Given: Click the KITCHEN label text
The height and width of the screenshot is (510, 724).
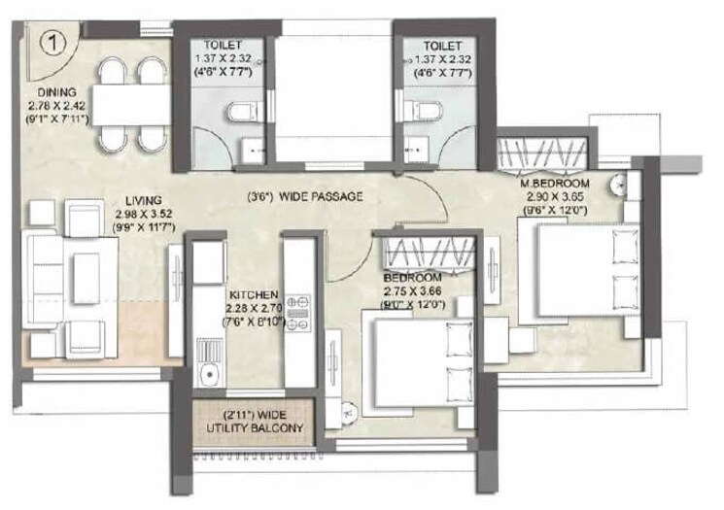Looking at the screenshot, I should click(255, 294).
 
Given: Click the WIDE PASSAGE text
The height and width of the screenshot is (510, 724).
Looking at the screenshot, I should click(320, 196).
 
